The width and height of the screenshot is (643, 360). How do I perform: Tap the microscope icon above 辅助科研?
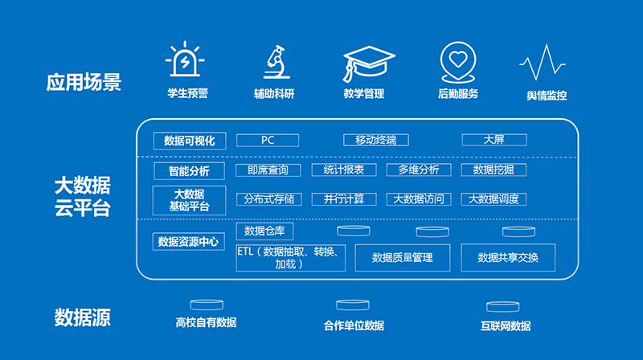click(276, 62)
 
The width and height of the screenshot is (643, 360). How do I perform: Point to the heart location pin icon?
click(458, 62)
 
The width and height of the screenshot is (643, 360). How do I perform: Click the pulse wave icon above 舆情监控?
click(543, 63)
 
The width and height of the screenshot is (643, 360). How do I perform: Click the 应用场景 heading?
click(84, 82)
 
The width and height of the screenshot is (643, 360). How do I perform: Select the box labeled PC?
click(268, 141)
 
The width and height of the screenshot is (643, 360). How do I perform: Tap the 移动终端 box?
click(376, 141)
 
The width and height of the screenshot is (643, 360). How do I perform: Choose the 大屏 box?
click(494, 140)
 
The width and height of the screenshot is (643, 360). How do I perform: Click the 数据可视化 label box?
click(190, 141)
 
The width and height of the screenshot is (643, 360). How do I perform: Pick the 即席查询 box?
click(268, 170)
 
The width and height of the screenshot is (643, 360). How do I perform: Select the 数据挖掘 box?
click(494, 170)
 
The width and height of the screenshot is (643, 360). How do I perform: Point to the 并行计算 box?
click(344, 199)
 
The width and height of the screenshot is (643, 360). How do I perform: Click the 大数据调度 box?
click(494, 199)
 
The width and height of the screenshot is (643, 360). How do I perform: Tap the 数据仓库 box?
click(264, 231)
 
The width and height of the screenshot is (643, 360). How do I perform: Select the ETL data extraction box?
click(290, 258)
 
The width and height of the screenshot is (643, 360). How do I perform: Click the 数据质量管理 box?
click(403, 257)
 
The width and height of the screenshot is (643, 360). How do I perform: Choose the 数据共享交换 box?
click(508, 257)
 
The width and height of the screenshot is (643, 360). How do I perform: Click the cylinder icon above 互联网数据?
click(503, 307)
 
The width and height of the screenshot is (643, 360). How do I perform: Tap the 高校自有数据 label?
click(207, 323)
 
